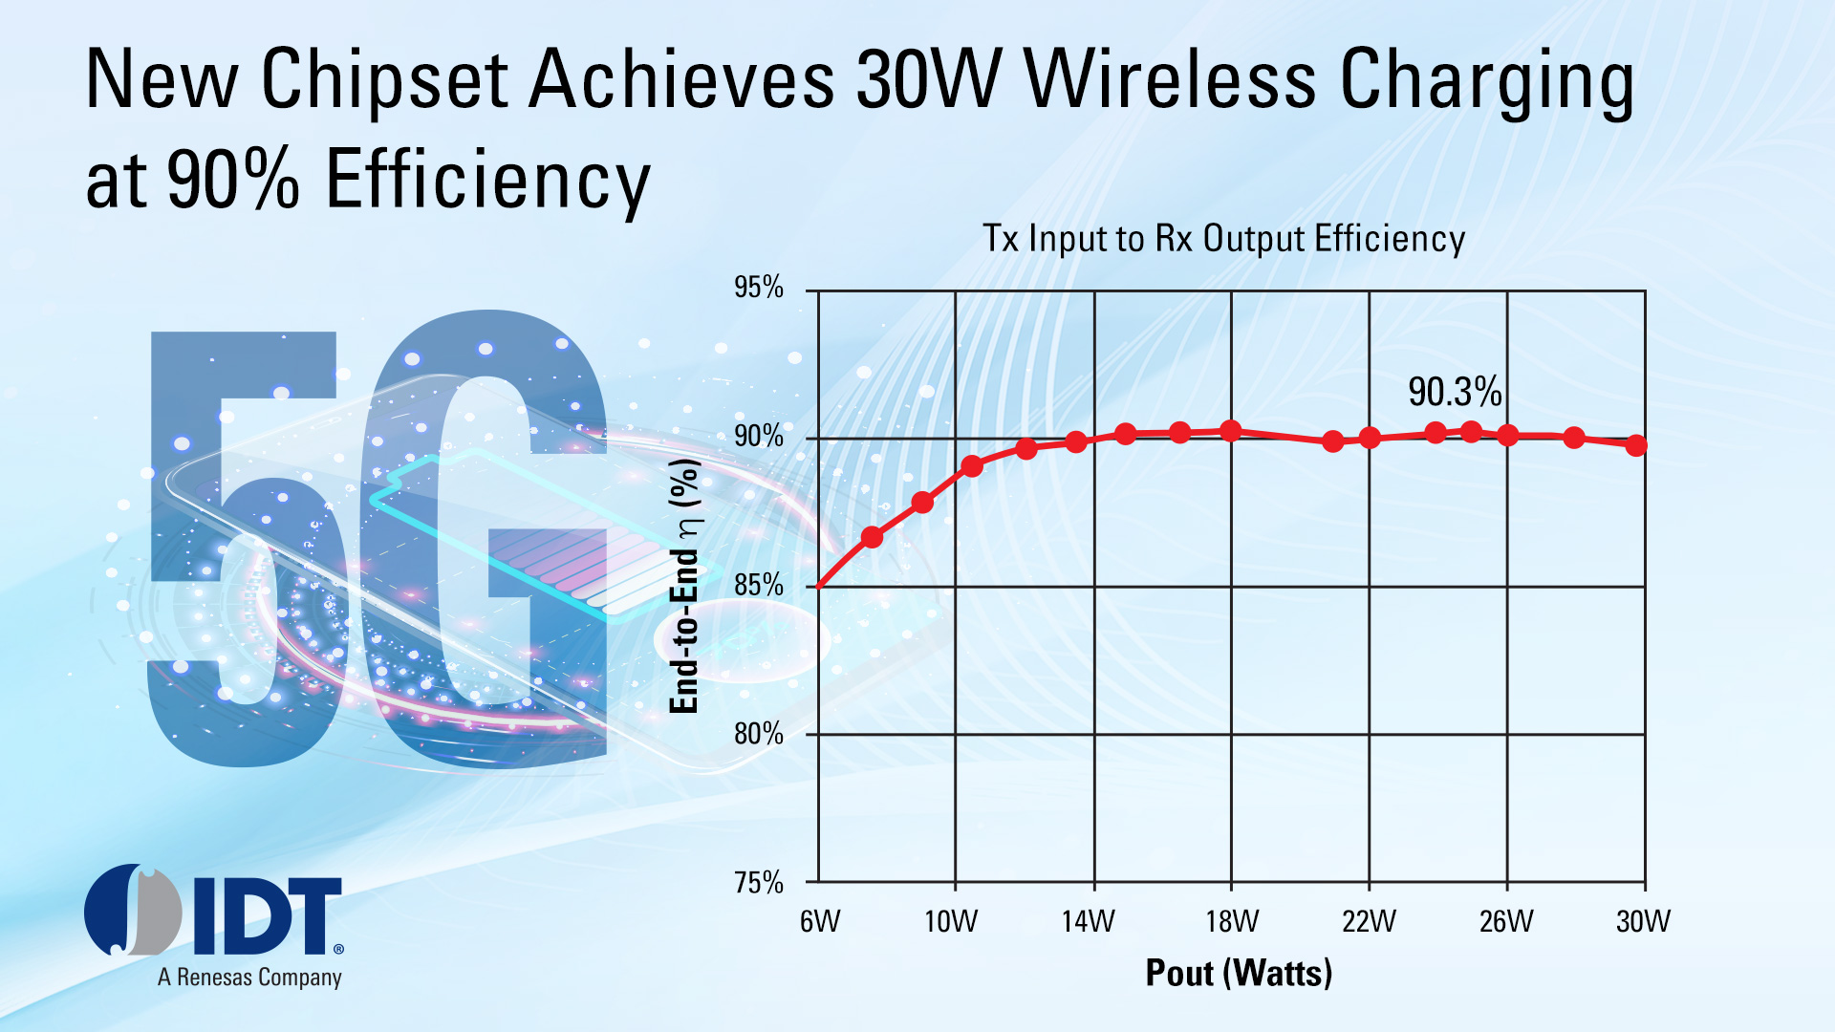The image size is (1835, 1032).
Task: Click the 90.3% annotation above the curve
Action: (1455, 392)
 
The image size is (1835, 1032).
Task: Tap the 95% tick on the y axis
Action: (759, 288)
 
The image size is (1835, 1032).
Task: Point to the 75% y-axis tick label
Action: (759, 882)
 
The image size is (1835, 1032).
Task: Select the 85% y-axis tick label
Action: (759, 585)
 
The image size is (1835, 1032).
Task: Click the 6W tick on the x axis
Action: (820, 921)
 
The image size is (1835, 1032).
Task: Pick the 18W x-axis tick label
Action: (1232, 921)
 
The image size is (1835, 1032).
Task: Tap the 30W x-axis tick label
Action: (1643, 921)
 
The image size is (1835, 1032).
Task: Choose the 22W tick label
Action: (1369, 921)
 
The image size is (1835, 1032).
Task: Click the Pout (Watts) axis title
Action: (1239, 973)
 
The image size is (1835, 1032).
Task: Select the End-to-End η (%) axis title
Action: (684, 586)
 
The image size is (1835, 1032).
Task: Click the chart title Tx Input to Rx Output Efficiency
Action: (1224, 239)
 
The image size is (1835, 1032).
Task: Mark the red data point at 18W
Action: (1231, 431)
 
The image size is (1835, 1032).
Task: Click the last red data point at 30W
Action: (1636, 445)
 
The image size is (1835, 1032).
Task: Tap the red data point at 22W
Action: (1370, 438)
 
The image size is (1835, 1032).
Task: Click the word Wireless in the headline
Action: (1171, 80)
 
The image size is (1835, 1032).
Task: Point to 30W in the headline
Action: (928, 80)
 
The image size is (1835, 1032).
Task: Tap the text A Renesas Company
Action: (249, 978)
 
